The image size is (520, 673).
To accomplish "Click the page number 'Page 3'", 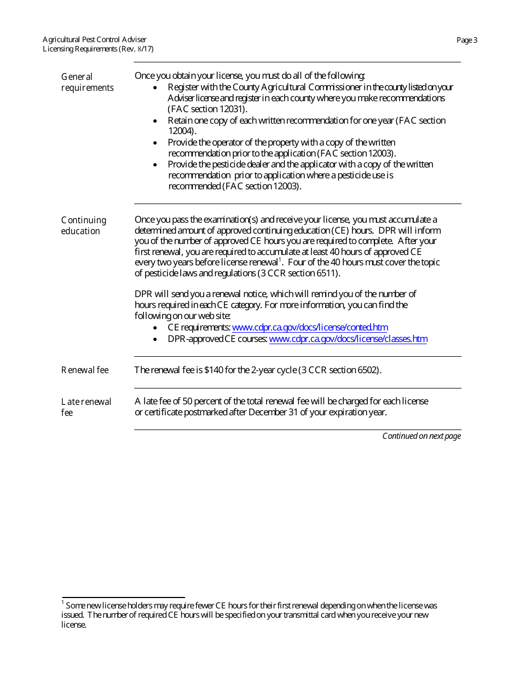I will point(467,40).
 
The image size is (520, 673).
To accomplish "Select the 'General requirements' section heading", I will point(87,82).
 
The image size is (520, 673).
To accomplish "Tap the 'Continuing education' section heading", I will point(83,225).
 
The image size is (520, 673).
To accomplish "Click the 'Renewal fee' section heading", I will point(85,370).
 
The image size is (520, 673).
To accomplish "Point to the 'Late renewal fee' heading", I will point(86,407).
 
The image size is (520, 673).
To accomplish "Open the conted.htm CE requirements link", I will point(310,328).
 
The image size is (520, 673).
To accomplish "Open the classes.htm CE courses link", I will point(348,339).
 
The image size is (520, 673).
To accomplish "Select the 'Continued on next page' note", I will point(421,436).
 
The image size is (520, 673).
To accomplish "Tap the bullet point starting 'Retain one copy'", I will point(157,120).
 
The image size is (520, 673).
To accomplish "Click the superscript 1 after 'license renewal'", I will point(280,260).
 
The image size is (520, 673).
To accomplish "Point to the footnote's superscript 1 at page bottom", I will point(63,603).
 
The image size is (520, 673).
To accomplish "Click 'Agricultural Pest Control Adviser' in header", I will point(95,40).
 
